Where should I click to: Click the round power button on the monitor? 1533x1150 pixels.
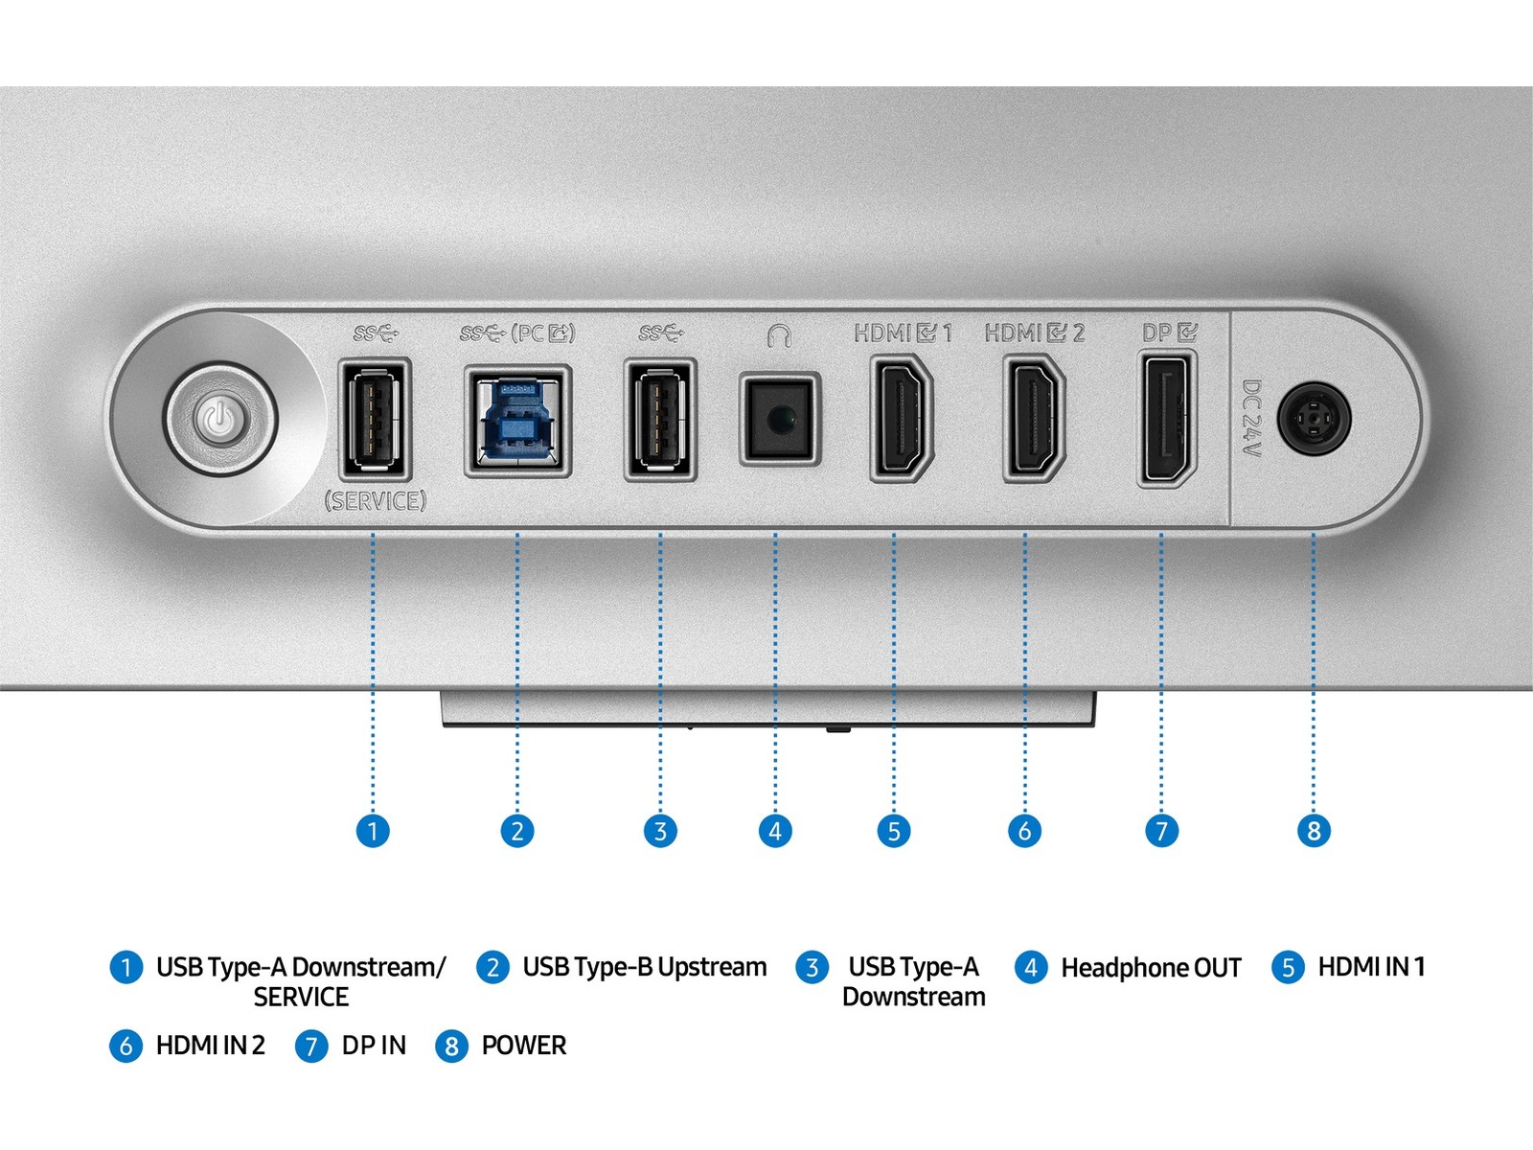coord(219,419)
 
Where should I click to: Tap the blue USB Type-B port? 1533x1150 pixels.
coord(517,421)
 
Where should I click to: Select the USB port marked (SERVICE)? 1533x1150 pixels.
coord(375,419)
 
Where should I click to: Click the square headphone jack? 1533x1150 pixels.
coord(779,419)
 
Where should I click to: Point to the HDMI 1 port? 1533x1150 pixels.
coord(901,417)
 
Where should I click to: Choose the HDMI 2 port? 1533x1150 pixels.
coord(1033,417)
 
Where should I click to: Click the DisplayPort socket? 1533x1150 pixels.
coord(1167,419)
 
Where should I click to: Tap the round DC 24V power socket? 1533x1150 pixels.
coord(1315,419)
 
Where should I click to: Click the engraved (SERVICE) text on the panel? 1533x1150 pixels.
coord(375,500)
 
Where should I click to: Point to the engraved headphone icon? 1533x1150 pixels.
coord(779,335)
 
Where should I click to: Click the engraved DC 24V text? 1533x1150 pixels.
coord(1251,419)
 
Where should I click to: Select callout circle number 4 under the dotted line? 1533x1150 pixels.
coord(775,830)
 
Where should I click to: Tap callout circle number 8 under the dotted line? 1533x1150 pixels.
coord(1314,830)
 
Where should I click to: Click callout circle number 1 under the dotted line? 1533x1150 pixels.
coord(373,830)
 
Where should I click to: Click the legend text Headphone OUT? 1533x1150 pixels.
coord(1151,968)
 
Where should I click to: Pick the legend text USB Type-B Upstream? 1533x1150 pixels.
coord(644,967)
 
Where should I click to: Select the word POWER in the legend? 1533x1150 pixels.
coord(523,1046)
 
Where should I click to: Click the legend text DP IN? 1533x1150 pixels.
coord(374,1046)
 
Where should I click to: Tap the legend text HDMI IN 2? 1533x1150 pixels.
coord(210,1046)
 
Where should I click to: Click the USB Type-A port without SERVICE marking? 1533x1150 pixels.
coord(660,419)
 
